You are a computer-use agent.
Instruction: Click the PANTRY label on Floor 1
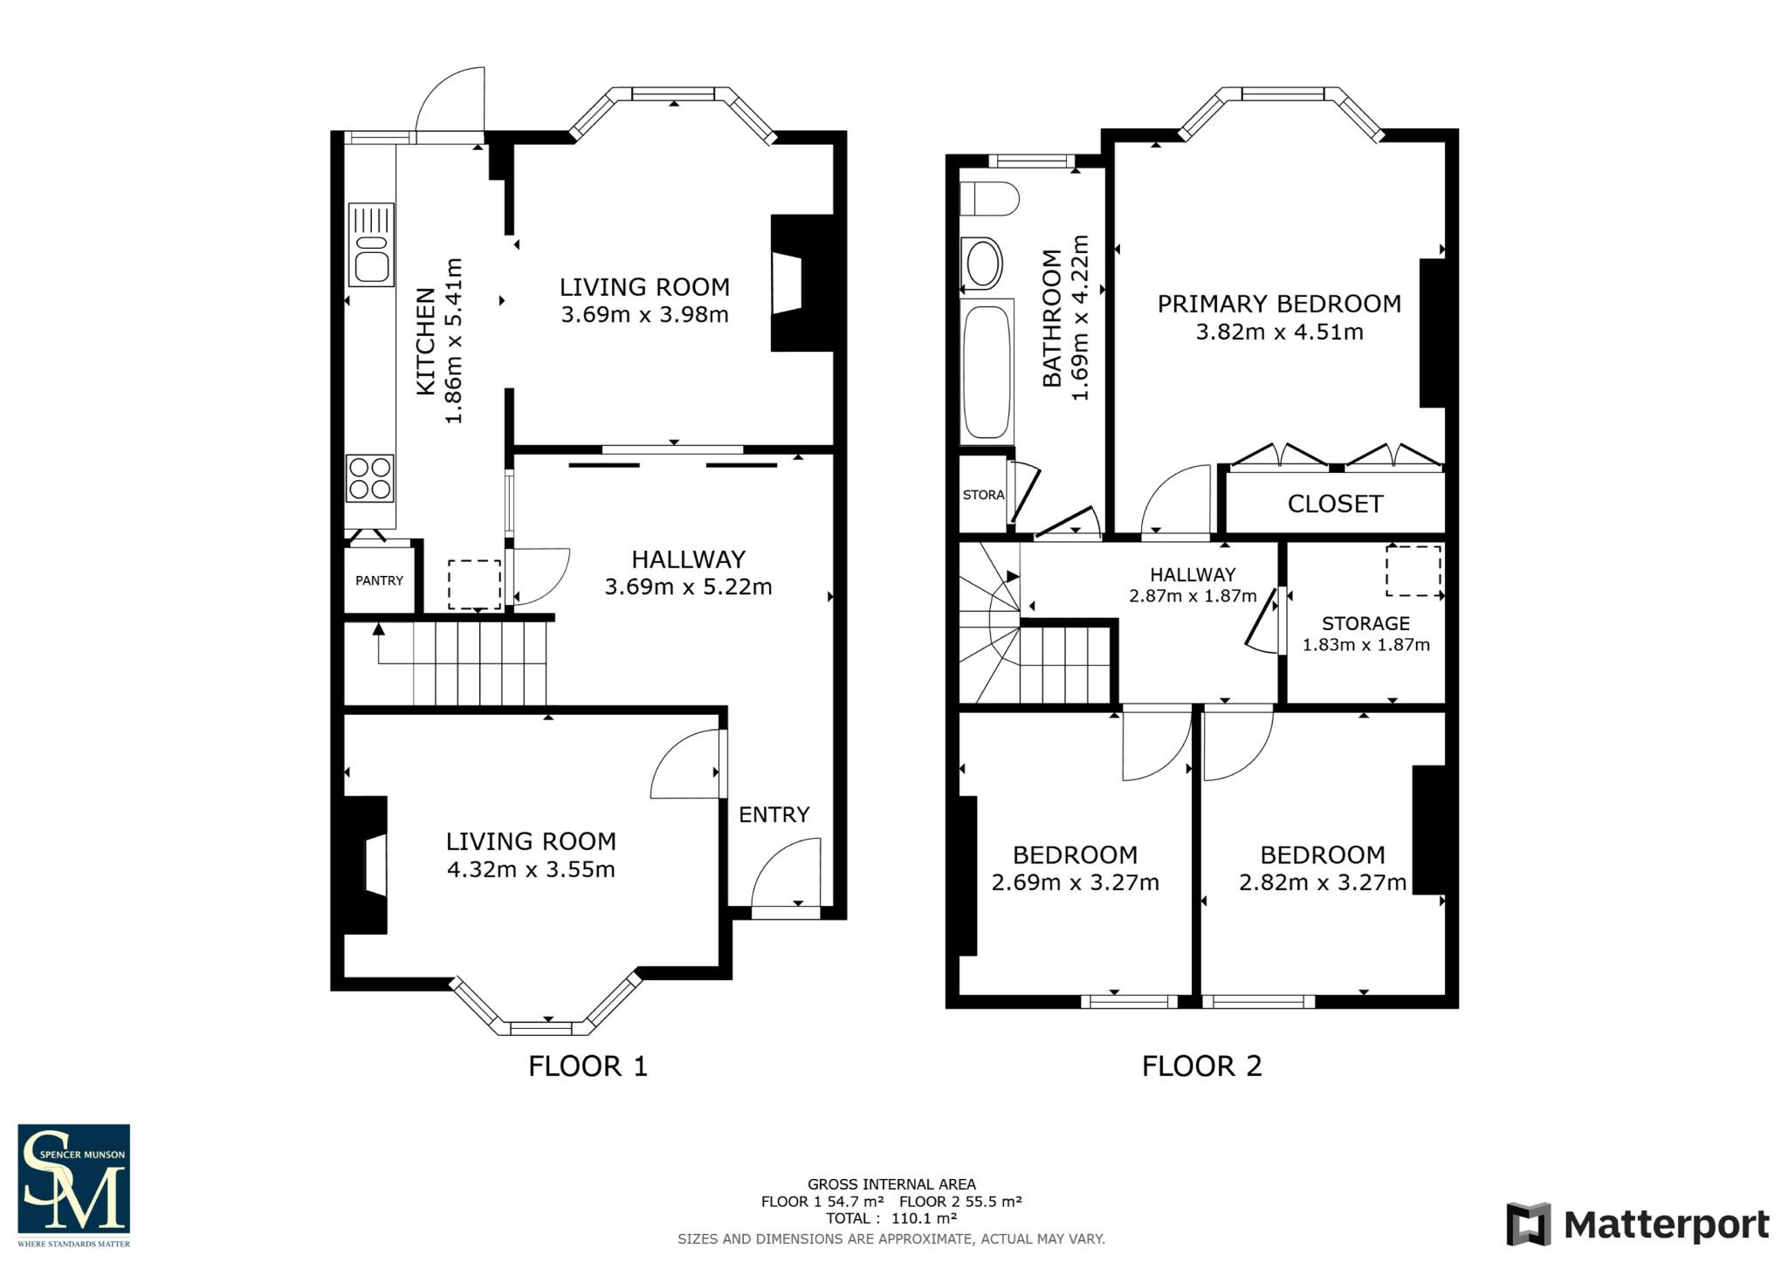coord(379,580)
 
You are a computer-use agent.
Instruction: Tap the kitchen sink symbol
coord(371,245)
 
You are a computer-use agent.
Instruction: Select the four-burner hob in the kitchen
coord(370,478)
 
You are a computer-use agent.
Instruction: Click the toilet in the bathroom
coord(988,199)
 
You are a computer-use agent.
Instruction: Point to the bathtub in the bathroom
coord(987,372)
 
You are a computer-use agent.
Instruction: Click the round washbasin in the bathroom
coord(982,263)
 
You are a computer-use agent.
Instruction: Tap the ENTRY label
coord(774,814)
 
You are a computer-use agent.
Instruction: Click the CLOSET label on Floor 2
coord(1335,504)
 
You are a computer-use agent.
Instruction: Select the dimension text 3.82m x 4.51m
coord(1279,332)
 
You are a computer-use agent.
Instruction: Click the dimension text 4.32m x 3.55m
coord(531,869)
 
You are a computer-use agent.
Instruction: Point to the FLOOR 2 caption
coord(1201,1066)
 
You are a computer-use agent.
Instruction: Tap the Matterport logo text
coord(1665,1225)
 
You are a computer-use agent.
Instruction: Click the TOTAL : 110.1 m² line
coord(891,1218)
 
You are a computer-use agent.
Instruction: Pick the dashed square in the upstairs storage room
coord(1413,571)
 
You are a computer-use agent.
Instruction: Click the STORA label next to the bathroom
coord(983,495)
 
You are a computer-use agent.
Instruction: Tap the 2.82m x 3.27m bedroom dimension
coord(1322,882)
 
